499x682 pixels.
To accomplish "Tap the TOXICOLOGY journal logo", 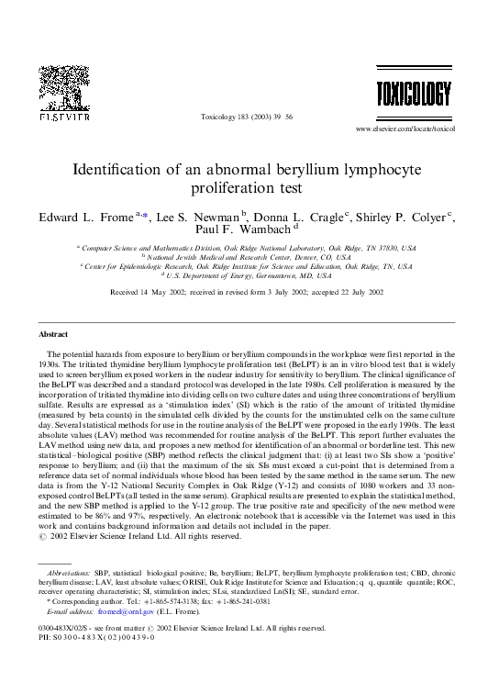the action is (414, 94).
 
